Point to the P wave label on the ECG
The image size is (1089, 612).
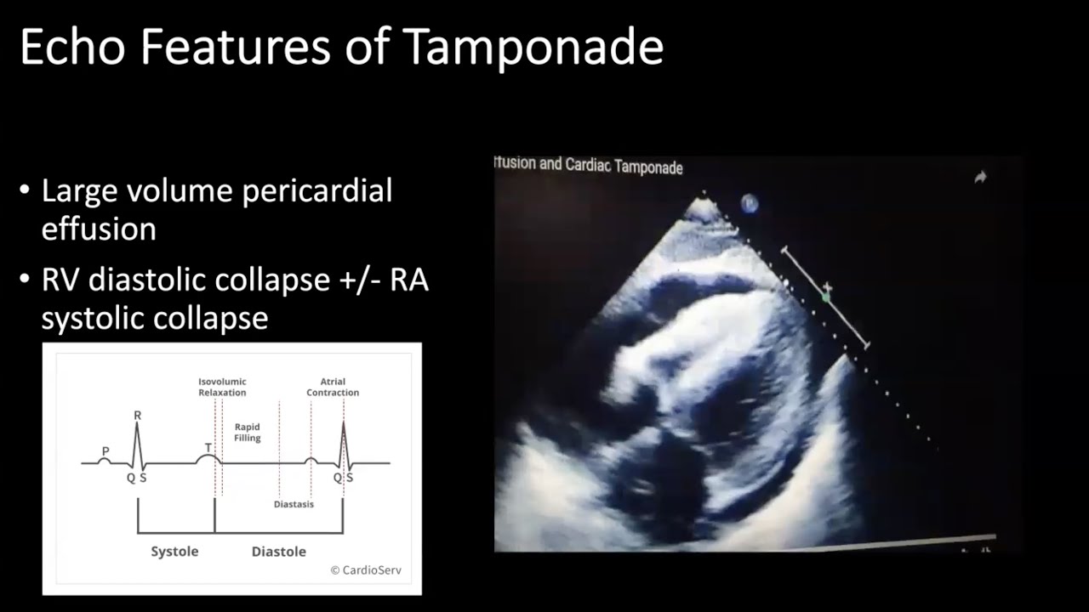point(105,451)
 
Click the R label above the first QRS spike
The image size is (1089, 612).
point(137,416)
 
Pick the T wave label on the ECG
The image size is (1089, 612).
point(208,448)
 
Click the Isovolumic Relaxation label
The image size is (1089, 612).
point(222,388)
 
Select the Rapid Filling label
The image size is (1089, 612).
point(247,433)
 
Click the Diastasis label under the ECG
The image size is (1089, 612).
point(294,504)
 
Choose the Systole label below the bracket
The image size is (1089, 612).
point(174,552)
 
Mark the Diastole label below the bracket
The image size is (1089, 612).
point(278,552)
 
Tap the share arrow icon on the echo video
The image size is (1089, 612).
point(980,177)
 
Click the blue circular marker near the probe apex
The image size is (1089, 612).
point(750,203)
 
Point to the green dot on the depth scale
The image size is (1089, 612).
point(825,297)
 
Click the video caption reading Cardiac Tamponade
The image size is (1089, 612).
point(624,167)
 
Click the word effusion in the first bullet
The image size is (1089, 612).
point(99,229)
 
